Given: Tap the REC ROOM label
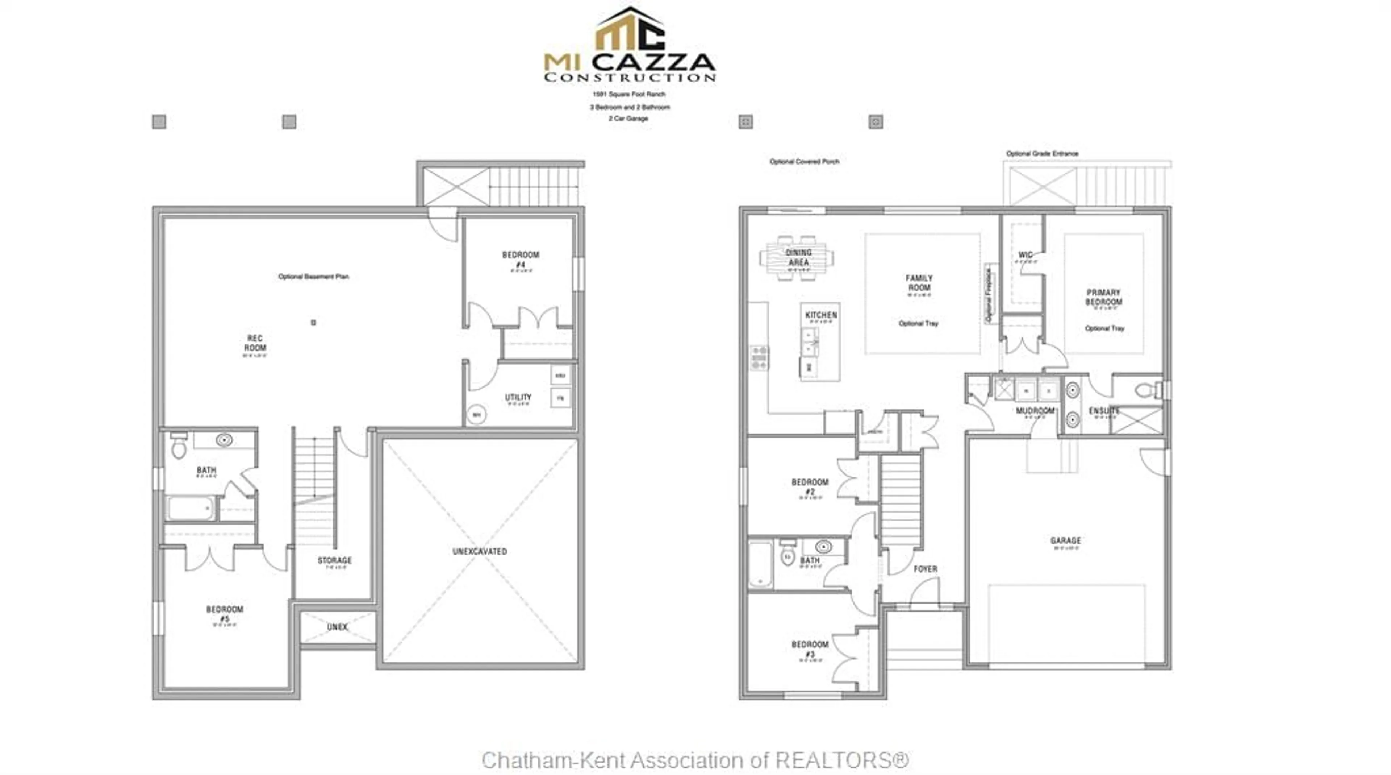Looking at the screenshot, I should tap(255, 343).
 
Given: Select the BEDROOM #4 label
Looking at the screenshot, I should tap(521, 260).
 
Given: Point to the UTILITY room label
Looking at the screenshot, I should tap(518, 398).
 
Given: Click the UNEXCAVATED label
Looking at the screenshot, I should tap(480, 551).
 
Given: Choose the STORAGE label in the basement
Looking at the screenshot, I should tap(334, 560).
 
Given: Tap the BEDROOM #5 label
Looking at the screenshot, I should tap(225, 614).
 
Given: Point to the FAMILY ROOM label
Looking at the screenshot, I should tap(919, 283).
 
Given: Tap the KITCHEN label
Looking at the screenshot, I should tap(821, 315).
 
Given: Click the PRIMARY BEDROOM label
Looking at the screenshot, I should tap(1104, 297).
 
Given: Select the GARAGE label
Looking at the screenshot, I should tap(1065, 540).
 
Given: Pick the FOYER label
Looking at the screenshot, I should tap(925, 569).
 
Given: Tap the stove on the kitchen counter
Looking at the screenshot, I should tap(759, 358).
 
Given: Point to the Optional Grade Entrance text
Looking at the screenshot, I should tap(1042, 153).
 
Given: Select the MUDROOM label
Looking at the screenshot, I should tap(1035, 411).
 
